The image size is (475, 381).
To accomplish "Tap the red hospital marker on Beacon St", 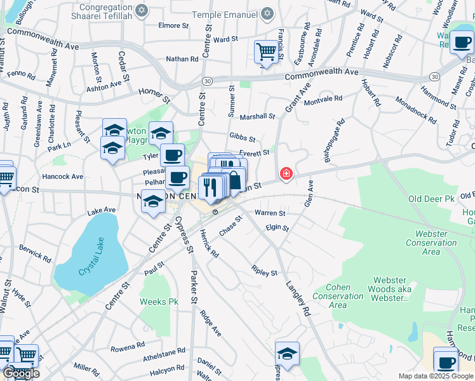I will click(x=286, y=173).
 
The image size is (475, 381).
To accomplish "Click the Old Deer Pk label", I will click(x=432, y=199).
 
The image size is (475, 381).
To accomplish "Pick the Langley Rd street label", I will click(x=297, y=299).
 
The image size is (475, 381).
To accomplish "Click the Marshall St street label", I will click(x=257, y=117).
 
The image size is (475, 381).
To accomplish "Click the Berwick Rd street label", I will click(x=35, y=253).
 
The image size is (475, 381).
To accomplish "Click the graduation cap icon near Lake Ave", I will click(x=153, y=202).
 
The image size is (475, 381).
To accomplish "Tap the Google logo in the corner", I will click(x=20, y=373).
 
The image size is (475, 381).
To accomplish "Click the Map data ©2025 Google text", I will click(x=435, y=376).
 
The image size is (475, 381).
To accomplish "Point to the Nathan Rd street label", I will click(x=182, y=59).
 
